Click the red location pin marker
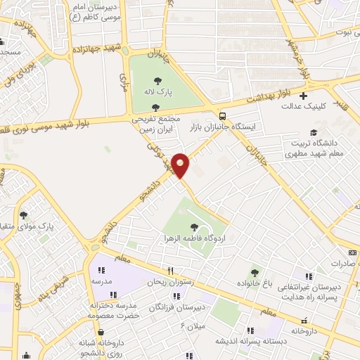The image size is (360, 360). click(180, 166)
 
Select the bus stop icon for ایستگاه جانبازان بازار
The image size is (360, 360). click(222, 116)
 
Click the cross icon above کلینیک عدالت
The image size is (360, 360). click(303, 96)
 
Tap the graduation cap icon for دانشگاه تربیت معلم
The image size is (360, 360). click(313, 132)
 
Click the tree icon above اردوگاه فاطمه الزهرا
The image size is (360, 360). click(194, 226)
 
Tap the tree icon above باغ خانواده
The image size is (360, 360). click(255, 271)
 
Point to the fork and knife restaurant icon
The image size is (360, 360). click(169, 271)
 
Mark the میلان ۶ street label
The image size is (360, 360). click(192, 326)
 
